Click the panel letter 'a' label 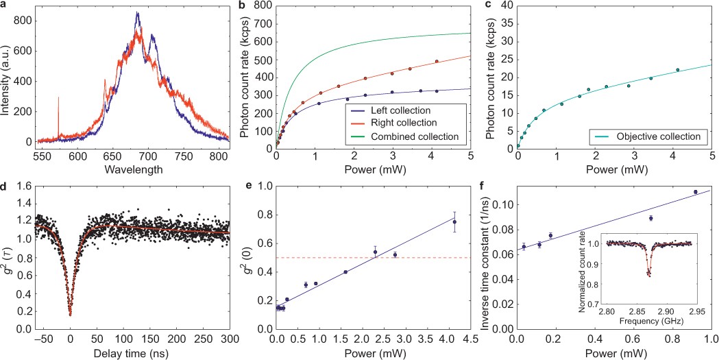4,5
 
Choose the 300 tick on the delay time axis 229,339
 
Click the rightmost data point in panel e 454,221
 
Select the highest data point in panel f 695,192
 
